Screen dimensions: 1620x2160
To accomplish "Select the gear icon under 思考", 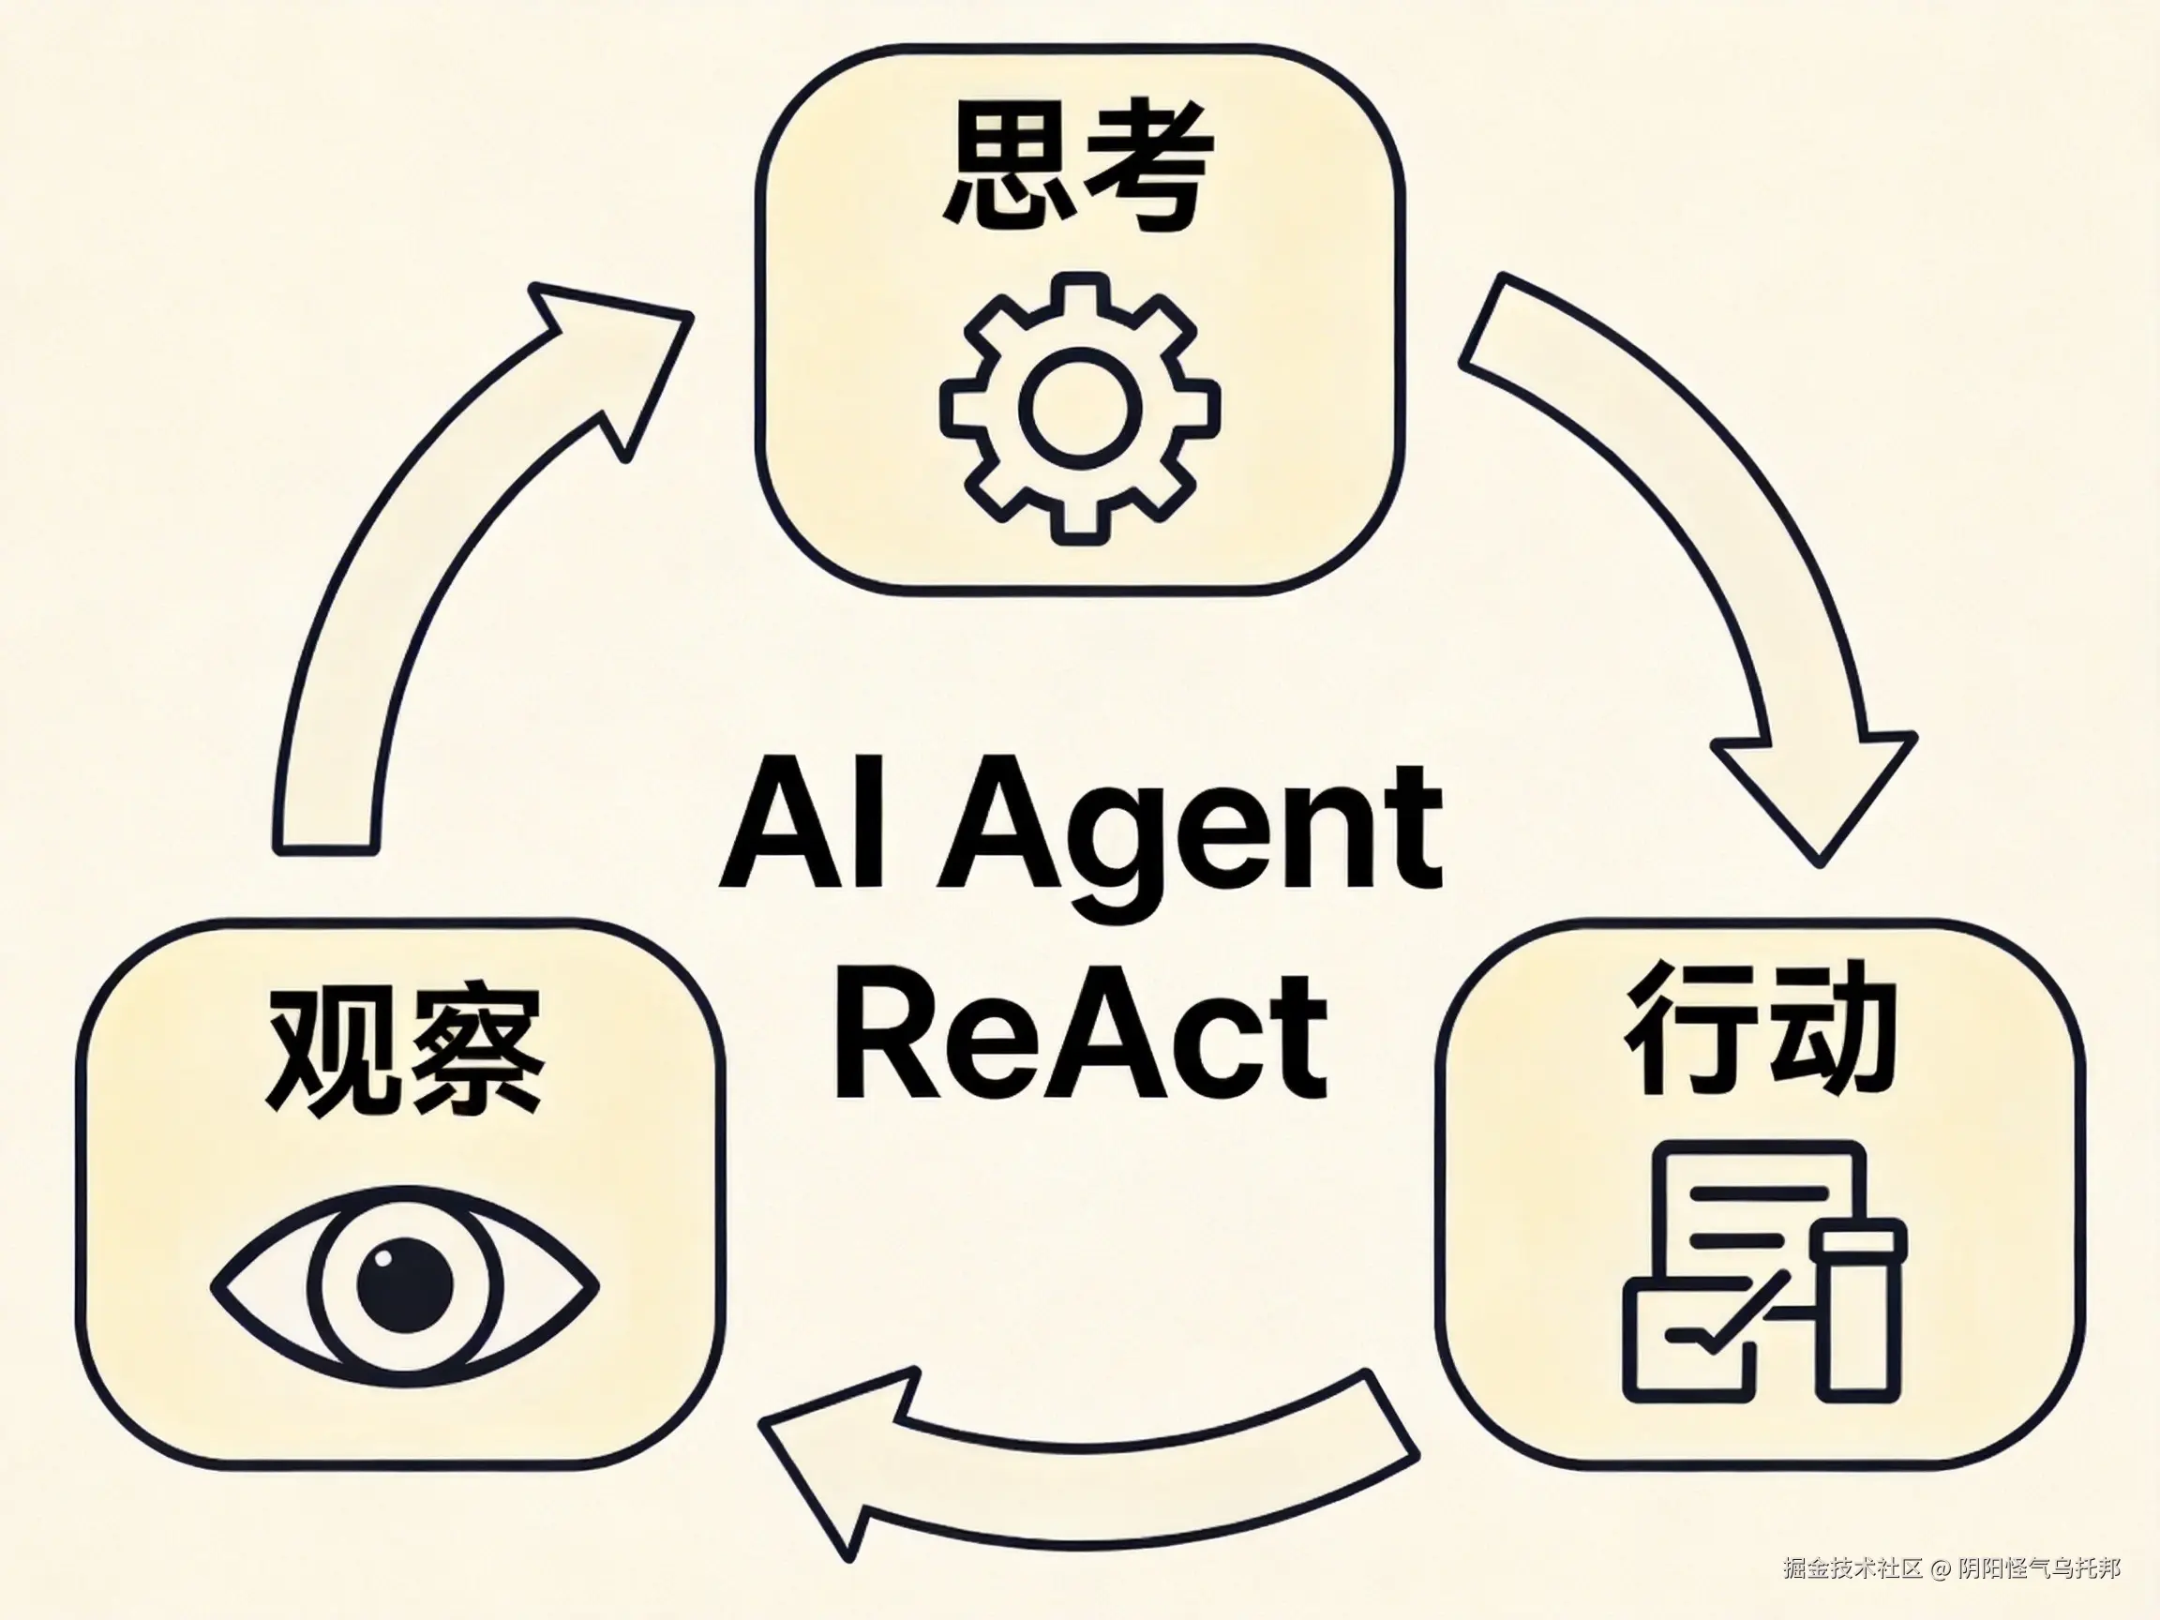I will point(1080,407).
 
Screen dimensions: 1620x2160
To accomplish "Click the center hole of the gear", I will point(1080,407).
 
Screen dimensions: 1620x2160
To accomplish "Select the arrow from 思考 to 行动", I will point(1718,577).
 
